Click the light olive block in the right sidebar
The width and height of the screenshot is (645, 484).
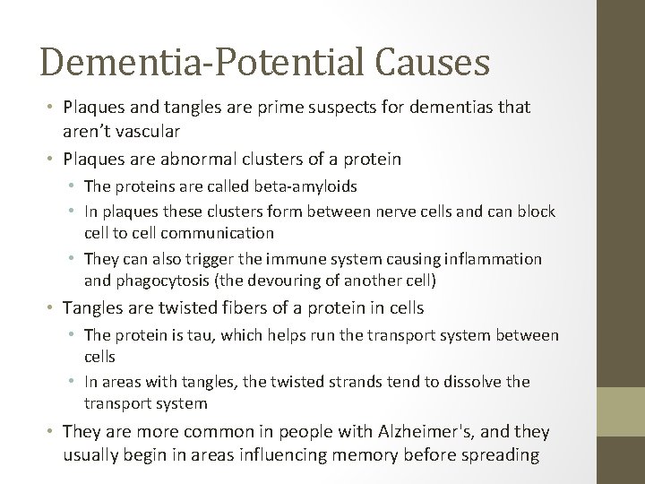pyautogui.click(x=622, y=415)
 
